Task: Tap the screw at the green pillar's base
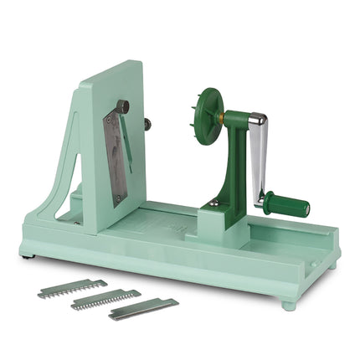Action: click(214, 203)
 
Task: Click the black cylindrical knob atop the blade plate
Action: click(123, 106)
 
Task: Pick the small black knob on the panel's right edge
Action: click(147, 125)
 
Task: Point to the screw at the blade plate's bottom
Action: click(118, 198)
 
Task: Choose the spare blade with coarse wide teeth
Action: click(73, 289)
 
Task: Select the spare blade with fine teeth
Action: click(105, 299)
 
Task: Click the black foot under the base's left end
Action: click(29, 255)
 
